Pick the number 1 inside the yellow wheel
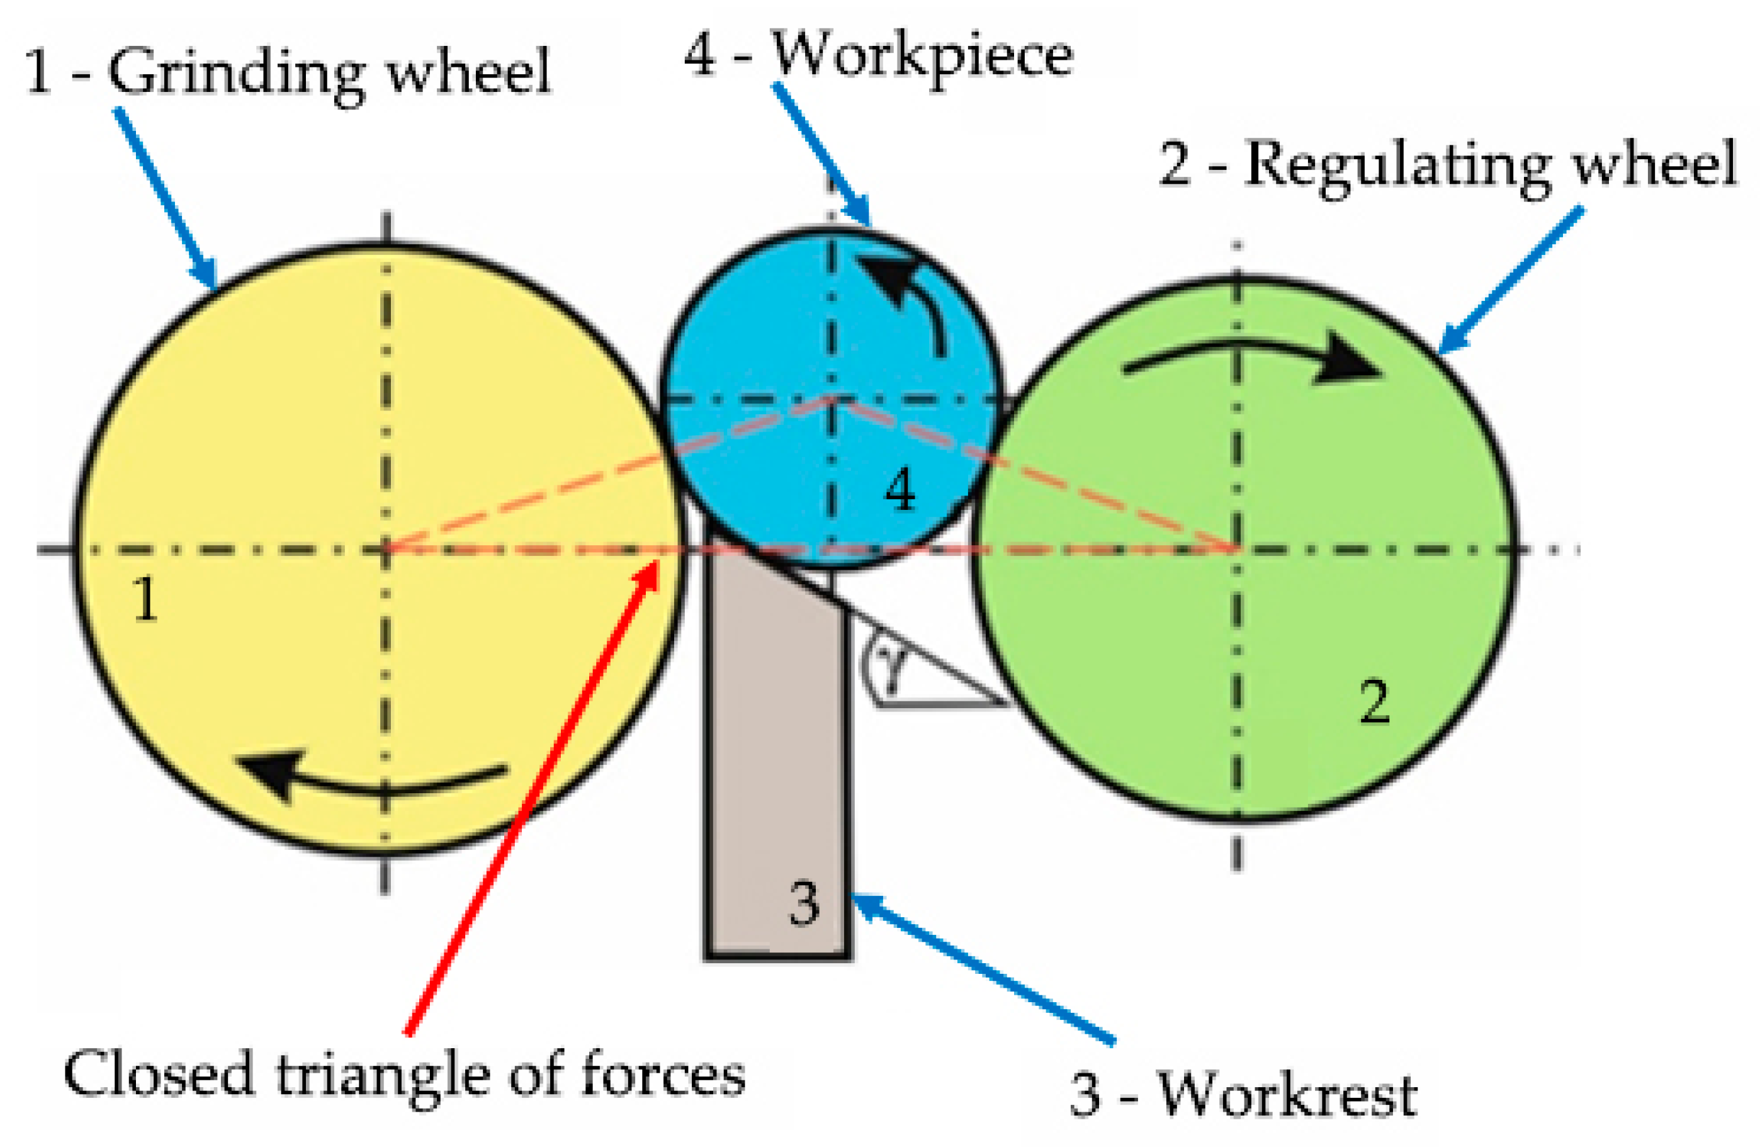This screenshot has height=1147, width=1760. [x=145, y=599]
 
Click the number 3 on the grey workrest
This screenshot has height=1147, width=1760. [x=804, y=904]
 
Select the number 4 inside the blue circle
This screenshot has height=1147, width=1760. [x=900, y=490]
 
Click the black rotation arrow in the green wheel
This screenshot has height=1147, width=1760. [x=1257, y=359]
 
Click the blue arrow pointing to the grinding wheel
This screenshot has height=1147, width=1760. [x=166, y=200]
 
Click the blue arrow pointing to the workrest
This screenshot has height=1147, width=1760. [x=983, y=969]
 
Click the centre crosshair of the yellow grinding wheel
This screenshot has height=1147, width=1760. [x=385, y=550]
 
